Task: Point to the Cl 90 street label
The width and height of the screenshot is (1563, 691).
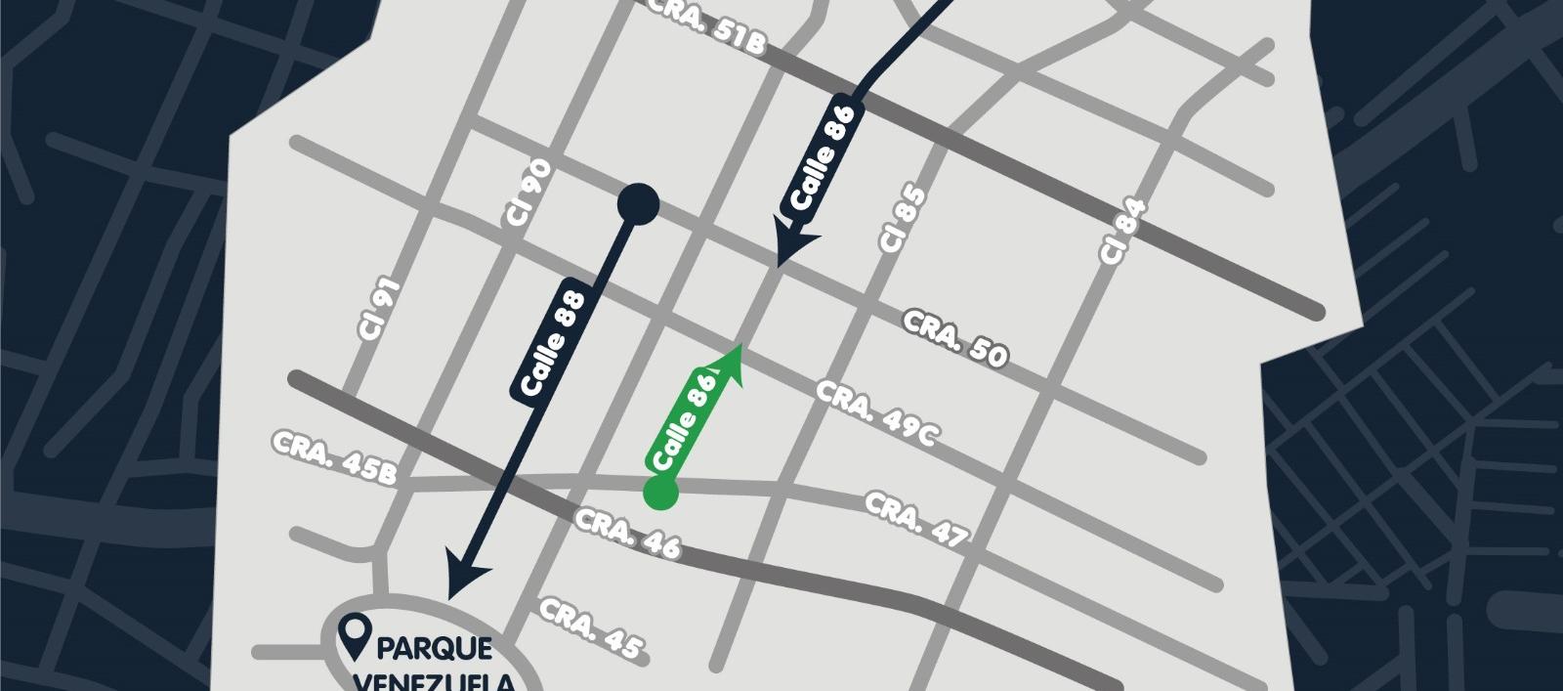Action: click(528, 194)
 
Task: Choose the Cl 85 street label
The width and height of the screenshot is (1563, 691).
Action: click(902, 221)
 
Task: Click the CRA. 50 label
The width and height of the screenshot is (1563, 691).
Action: click(953, 338)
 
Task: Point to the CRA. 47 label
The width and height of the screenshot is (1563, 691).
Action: click(916, 519)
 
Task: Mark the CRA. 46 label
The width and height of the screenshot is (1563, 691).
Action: click(627, 534)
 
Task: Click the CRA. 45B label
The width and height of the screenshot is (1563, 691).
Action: click(336, 456)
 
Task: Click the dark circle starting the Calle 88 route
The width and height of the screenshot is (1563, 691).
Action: click(639, 205)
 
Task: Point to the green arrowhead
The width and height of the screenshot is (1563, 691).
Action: click(730, 364)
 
